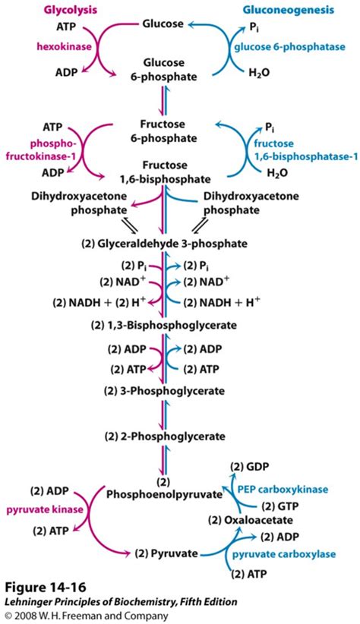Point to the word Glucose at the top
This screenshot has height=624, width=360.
(163, 24)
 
